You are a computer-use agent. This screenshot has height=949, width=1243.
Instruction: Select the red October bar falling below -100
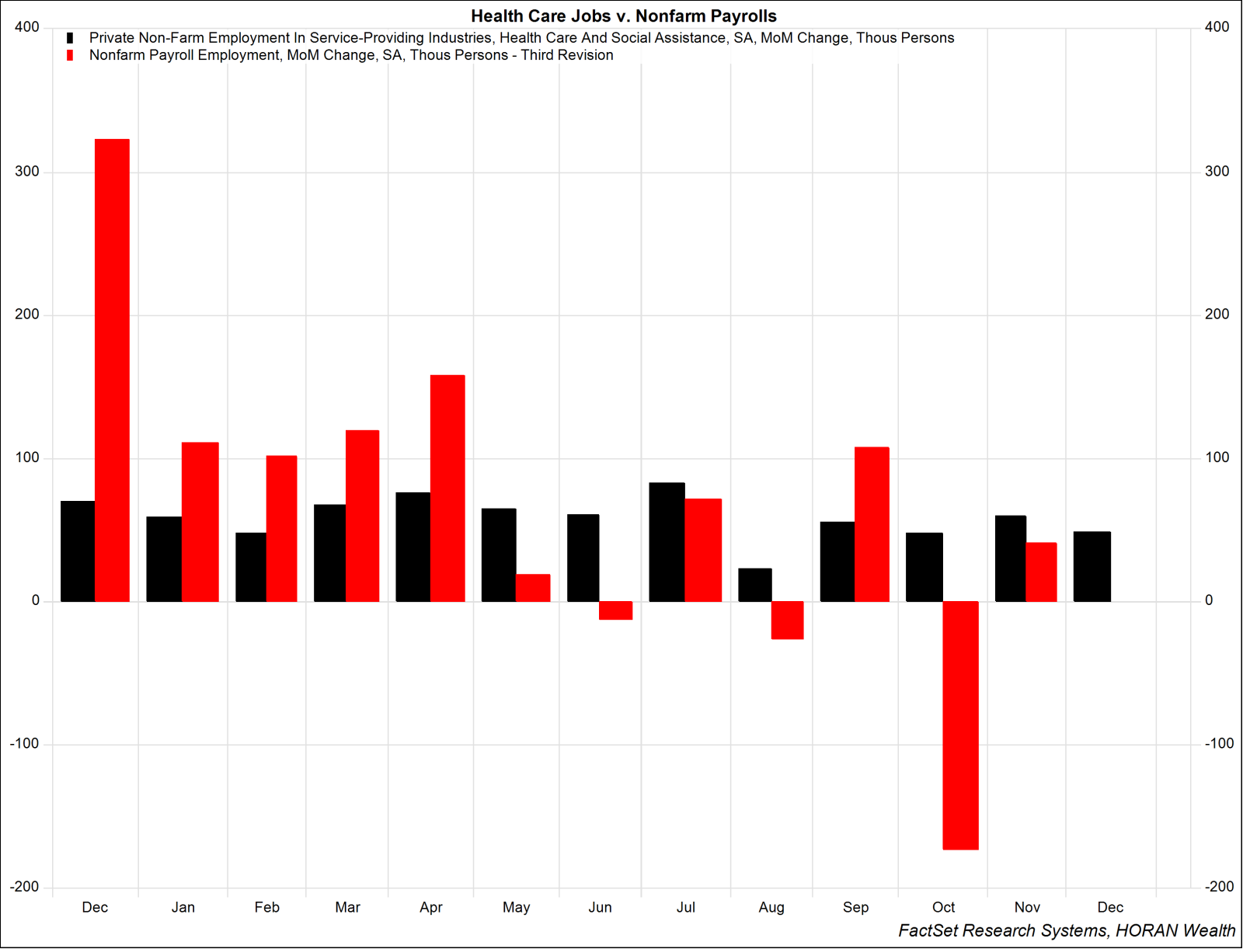click(961, 725)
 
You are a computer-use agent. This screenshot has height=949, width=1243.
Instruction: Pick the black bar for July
click(667, 542)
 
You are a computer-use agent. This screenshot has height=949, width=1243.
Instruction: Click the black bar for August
click(754, 585)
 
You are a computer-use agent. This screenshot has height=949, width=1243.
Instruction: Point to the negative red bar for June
click(615, 610)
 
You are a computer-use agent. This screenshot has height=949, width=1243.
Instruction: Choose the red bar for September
click(872, 524)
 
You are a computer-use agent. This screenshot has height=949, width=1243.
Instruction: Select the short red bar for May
click(533, 588)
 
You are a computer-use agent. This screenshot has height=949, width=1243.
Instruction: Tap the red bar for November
click(1041, 572)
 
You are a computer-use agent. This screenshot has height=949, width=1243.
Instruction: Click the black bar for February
click(251, 567)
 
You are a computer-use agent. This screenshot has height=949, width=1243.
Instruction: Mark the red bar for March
click(362, 516)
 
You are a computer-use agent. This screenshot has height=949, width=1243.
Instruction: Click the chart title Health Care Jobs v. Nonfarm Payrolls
click(623, 16)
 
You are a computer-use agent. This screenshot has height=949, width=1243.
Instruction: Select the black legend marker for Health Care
click(70, 38)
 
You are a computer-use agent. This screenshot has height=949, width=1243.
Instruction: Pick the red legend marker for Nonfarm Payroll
click(70, 55)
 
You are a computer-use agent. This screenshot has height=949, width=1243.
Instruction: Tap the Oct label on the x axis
click(943, 907)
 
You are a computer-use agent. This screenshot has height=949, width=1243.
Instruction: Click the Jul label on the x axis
click(685, 907)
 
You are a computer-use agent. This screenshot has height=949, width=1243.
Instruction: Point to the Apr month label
click(430, 907)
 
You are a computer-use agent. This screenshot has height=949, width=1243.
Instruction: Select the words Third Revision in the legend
click(567, 55)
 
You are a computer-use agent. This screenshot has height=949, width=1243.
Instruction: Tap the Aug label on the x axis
click(771, 907)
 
